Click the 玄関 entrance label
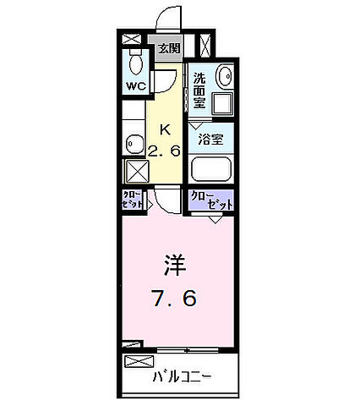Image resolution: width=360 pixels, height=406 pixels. [x=169, y=48]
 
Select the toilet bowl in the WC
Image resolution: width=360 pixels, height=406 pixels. [x=134, y=63]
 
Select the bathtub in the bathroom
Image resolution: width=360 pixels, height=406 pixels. [x=211, y=168]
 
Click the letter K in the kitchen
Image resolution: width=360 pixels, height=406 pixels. [x=166, y=129]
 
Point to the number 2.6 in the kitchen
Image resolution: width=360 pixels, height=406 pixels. [x=166, y=152]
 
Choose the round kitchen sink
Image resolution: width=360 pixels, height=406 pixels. [x=133, y=143]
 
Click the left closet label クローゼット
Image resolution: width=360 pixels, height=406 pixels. [x=132, y=203]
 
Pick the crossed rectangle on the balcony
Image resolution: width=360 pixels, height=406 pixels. [x=135, y=362]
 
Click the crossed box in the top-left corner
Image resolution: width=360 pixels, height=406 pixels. [x=132, y=39]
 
